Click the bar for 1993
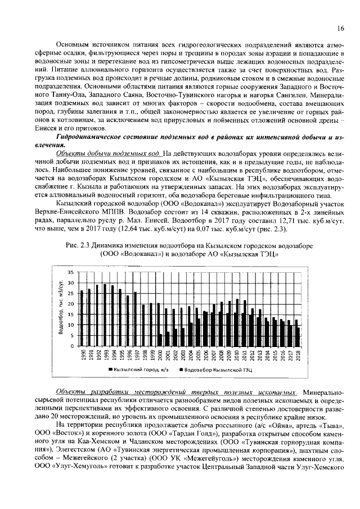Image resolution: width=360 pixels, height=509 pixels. [x=105, y=315]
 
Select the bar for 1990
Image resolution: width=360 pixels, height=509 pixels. [x=82, y=318]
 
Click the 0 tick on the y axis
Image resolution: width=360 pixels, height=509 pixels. [x=72, y=346]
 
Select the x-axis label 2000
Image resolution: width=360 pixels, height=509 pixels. [x=160, y=357]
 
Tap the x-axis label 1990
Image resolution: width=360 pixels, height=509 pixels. [x=83, y=357]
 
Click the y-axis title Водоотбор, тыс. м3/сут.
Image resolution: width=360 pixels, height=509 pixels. [x=60, y=309]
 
